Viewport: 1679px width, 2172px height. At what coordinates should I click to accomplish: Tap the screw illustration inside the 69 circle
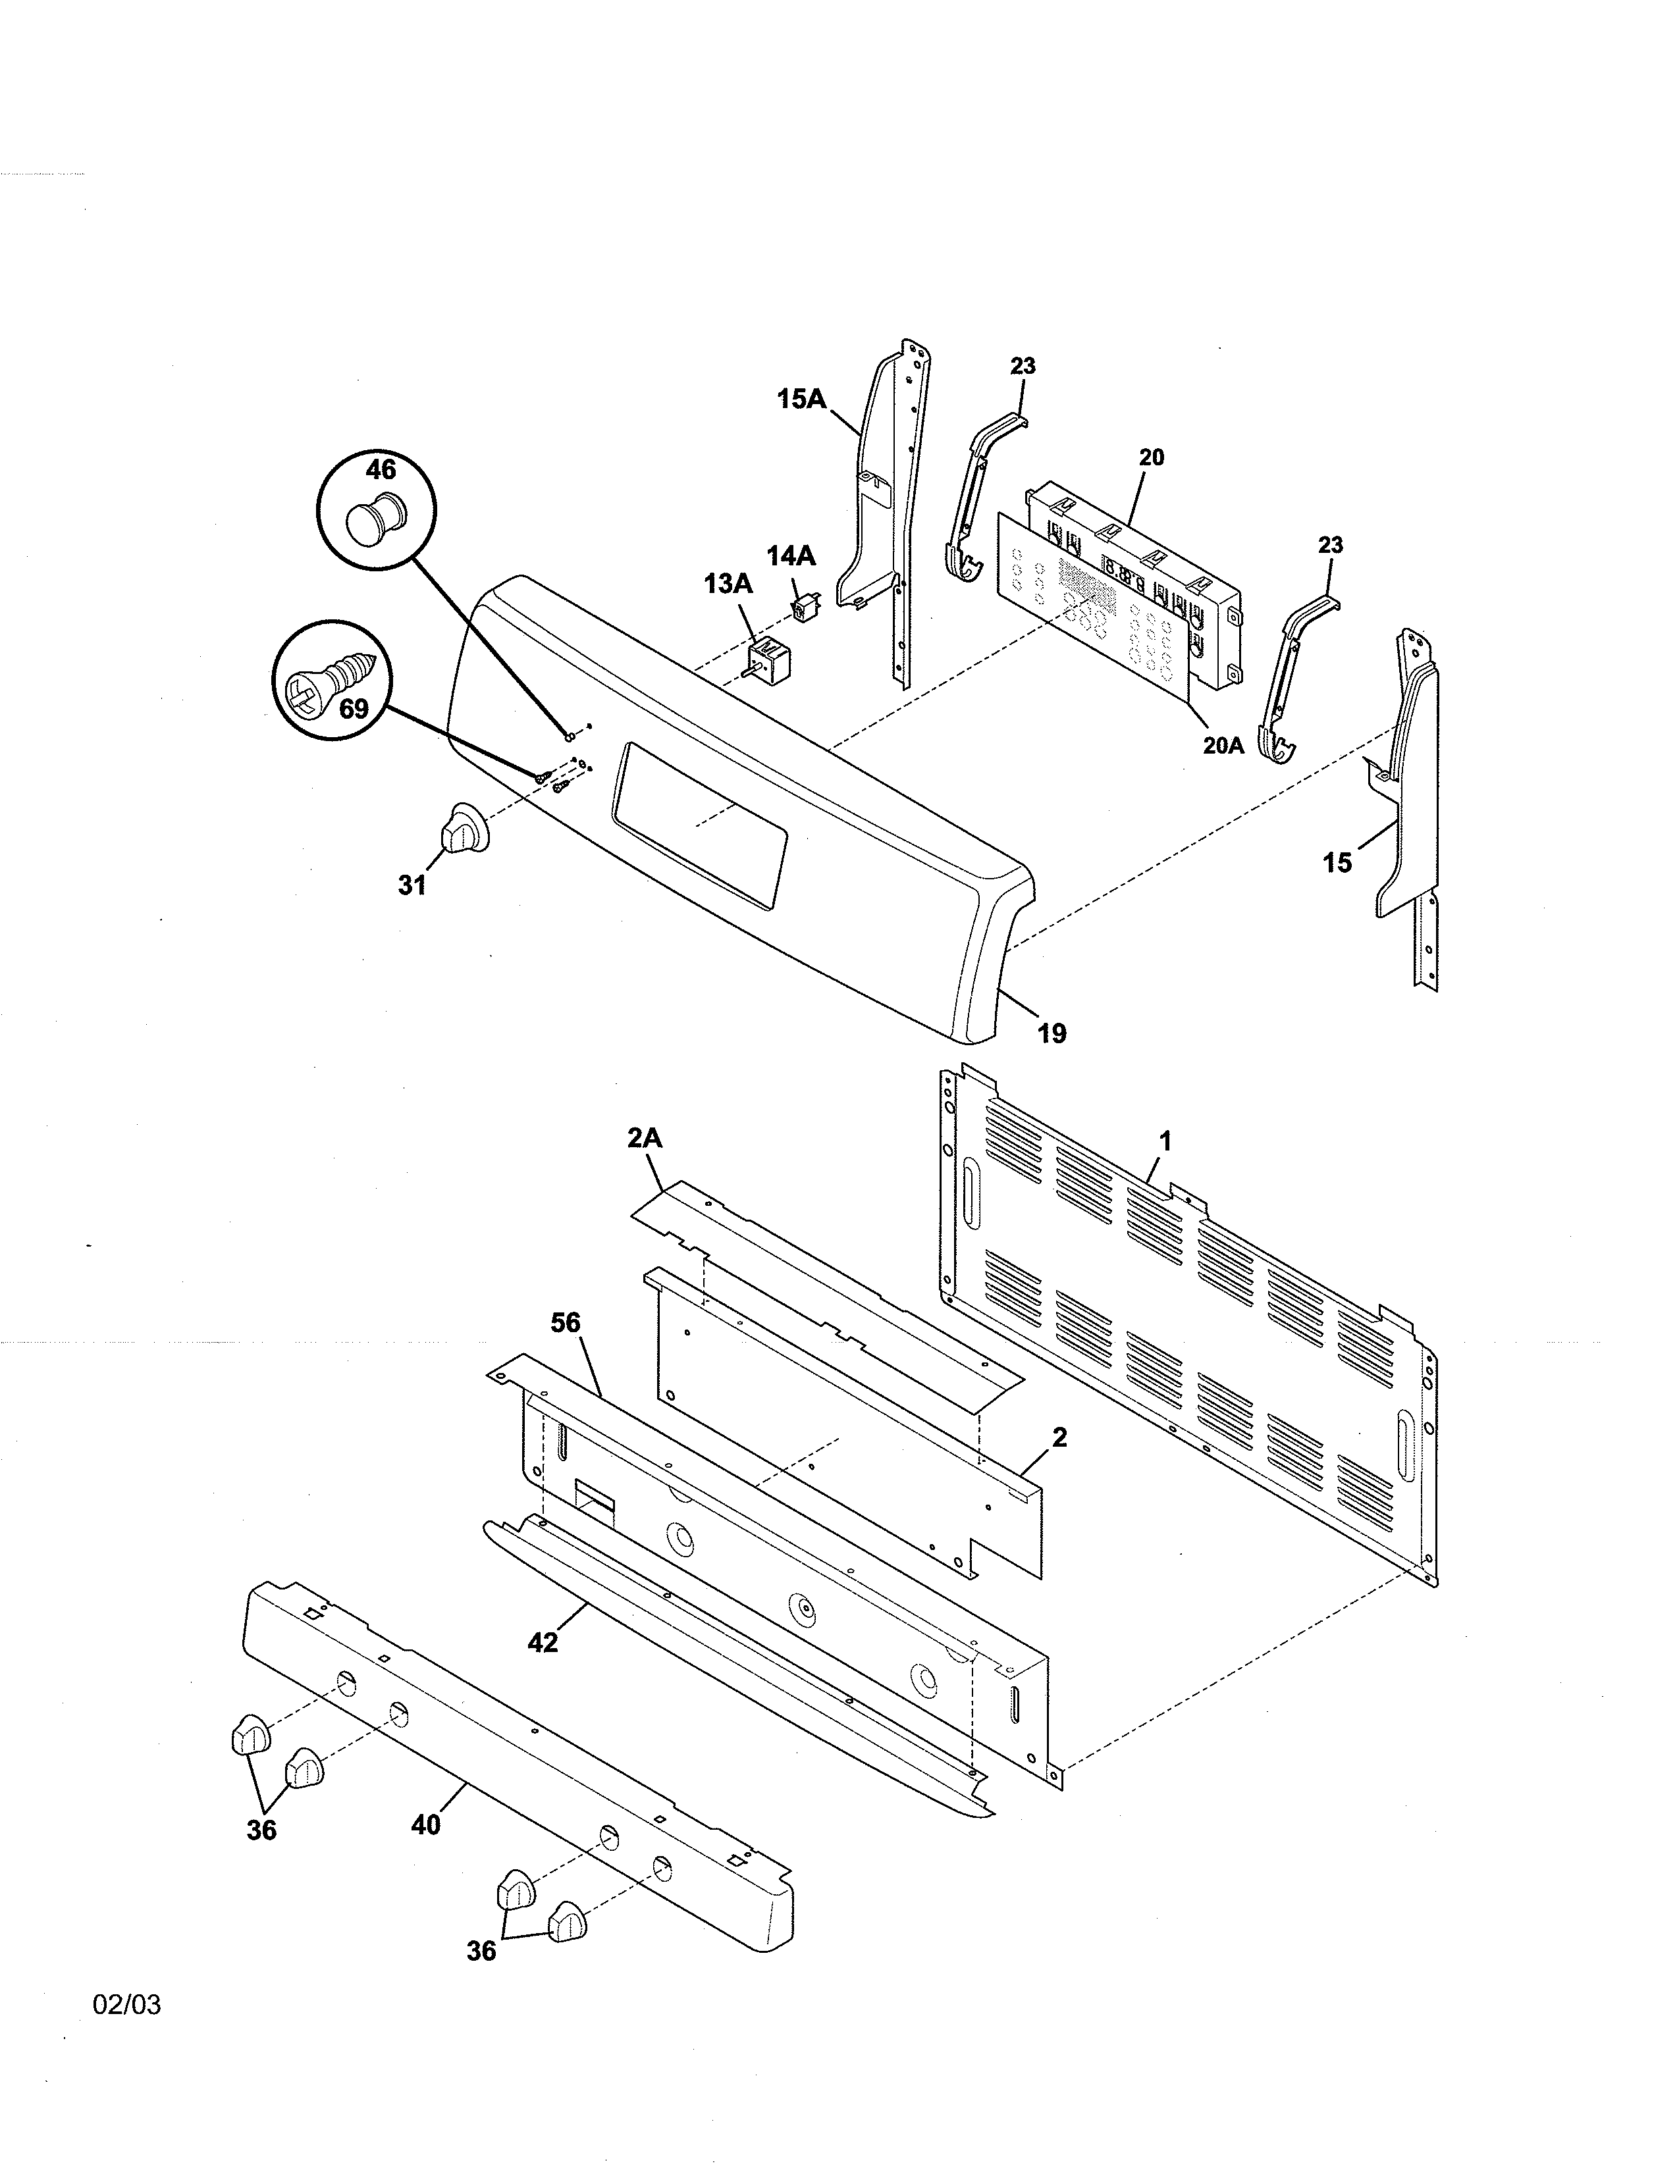(329, 675)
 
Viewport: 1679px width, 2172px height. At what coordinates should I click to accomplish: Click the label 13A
(729, 584)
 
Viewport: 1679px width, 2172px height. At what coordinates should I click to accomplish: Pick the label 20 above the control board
(1151, 457)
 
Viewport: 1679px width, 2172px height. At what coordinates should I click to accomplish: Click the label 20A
(1223, 745)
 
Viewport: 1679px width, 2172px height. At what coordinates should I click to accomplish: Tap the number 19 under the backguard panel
(1052, 1033)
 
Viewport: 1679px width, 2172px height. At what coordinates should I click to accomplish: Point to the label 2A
(645, 1138)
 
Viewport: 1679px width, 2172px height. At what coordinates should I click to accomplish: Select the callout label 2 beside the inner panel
(1059, 1437)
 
